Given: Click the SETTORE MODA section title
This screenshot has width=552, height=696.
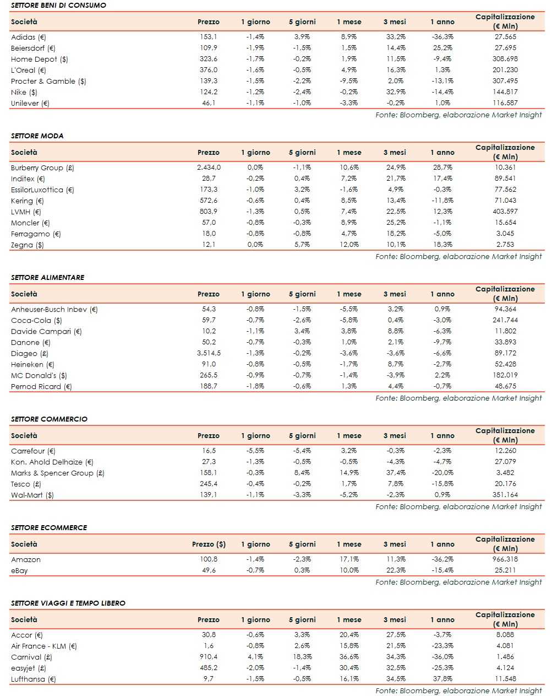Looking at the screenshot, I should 37,136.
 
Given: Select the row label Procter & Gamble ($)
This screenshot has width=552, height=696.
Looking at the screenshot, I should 48,81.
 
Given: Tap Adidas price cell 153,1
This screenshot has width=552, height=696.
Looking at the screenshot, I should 209,37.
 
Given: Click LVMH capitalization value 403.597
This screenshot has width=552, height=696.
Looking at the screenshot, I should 505,212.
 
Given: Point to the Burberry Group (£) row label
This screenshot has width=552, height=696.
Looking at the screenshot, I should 42,168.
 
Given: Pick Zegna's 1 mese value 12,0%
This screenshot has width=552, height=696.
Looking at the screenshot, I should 349,245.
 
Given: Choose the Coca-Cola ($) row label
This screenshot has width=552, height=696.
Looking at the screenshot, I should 36,320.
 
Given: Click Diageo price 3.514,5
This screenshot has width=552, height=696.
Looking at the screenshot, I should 209,353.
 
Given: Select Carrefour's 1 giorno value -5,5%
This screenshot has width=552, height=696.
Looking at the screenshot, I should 255,451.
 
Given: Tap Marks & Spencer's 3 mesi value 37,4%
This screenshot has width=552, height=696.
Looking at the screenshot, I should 396,473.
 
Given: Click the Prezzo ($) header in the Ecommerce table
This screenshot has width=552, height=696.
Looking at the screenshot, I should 209,544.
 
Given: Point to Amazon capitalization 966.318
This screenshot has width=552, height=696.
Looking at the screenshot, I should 505,559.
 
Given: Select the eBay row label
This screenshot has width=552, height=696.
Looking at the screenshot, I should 19,570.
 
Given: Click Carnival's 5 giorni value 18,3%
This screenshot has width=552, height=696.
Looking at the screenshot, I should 302,657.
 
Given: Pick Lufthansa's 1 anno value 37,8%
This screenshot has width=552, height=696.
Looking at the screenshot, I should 442,679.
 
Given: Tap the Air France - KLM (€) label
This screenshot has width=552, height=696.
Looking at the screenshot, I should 44,646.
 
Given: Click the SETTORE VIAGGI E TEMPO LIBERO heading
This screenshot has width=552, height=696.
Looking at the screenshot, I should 68,603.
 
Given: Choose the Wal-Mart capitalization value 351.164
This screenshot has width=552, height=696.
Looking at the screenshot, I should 505,495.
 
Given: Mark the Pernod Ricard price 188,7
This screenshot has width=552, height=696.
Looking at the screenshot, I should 209,386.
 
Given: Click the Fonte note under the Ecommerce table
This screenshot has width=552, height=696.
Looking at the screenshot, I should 458,582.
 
